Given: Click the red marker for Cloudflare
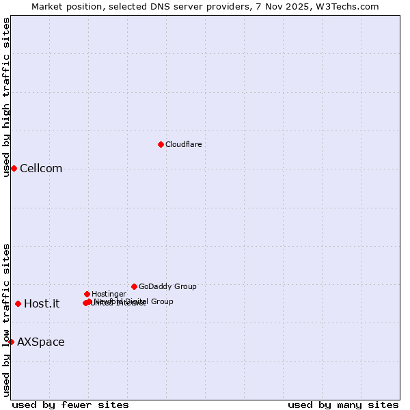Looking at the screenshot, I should [161, 144].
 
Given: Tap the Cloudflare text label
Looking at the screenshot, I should [183, 144].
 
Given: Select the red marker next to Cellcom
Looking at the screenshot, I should [14, 168].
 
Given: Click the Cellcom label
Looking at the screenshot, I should [41, 169].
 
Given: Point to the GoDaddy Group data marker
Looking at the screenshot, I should [134, 286].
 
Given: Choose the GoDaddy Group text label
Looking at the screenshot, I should [167, 286].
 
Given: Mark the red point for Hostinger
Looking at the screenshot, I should [87, 294].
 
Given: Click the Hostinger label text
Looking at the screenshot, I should [109, 294].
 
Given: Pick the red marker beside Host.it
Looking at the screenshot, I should [18, 303].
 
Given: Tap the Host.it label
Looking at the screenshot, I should [42, 304].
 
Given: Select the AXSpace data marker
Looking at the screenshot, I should [11, 342].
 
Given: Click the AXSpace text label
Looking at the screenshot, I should [41, 342].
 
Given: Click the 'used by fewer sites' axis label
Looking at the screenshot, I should [70, 405].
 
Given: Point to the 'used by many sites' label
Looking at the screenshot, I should [343, 405].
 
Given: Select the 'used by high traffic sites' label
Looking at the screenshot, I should [7, 97].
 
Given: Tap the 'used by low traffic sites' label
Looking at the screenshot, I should [7, 319].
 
